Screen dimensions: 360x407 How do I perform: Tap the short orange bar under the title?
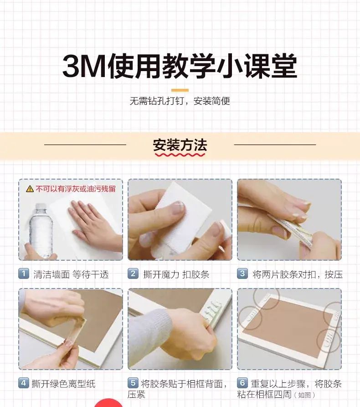[x=180, y=90]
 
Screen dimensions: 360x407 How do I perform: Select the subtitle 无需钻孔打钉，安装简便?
[x=180, y=101]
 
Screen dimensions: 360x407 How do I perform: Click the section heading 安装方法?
[x=180, y=145]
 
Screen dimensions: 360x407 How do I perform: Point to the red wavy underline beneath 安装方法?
[x=180, y=155]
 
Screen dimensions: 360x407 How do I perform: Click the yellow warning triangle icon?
[x=30, y=189]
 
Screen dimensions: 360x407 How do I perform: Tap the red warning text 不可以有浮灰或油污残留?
[x=76, y=189]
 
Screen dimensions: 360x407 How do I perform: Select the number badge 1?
[x=24, y=273]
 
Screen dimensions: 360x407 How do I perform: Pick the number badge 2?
[x=133, y=273]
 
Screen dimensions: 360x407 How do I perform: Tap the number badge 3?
[x=242, y=273]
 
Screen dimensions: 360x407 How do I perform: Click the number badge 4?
[x=24, y=383]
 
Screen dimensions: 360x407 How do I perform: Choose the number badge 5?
[x=133, y=383]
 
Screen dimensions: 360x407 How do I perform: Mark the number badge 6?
[x=242, y=383]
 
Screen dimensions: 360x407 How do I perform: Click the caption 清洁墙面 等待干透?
[x=71, y=274]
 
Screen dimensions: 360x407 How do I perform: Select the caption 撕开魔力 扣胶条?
[x=176, y=274]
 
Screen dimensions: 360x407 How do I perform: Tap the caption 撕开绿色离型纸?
[x=64, y=384]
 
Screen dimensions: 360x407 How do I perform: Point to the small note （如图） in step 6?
[x=304, y=395]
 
